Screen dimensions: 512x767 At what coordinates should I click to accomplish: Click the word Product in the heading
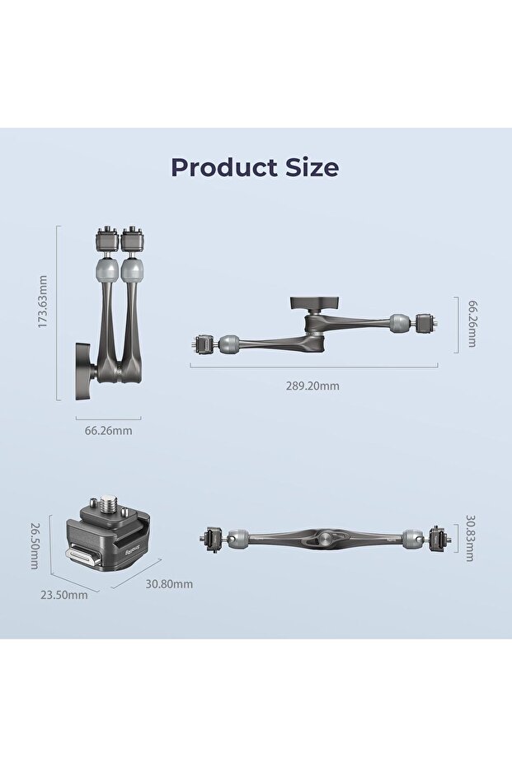[224, 167]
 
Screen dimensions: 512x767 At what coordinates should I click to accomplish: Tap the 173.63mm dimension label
[43, 302]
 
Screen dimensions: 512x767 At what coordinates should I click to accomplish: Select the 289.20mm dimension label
[312, 386]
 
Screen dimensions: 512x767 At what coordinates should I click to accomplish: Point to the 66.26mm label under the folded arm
[109, 431]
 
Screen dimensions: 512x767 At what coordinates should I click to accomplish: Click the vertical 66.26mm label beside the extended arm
[472, 324]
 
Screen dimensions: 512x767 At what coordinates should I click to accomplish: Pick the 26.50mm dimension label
[35, 546]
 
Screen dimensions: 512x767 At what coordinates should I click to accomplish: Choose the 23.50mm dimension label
[64, 596]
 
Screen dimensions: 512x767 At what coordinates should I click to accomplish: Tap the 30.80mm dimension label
[169, 584]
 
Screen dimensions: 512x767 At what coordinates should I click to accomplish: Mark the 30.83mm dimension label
[469, 538]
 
